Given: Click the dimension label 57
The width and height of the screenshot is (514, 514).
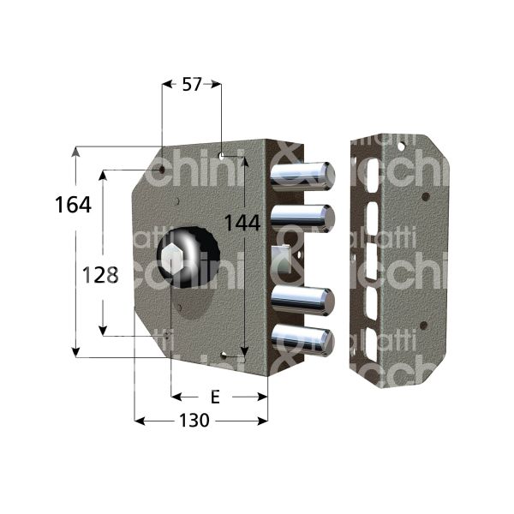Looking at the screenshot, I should click(x=191, y=84).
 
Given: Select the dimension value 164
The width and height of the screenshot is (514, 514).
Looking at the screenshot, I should click(x=73, y=206).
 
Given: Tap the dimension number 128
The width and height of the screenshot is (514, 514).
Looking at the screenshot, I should click(x=99, y=276).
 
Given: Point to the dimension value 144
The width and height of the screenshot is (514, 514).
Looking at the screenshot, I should click(x=242, y=223).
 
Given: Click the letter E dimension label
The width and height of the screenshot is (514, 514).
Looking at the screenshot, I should click(x=215, y=397).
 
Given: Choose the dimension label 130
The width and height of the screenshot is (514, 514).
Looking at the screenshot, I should click(x=197, y=421).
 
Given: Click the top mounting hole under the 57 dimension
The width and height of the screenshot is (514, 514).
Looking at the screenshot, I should click(x=221, y=156).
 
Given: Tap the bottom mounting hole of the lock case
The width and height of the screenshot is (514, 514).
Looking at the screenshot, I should click(x=224, y=355).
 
